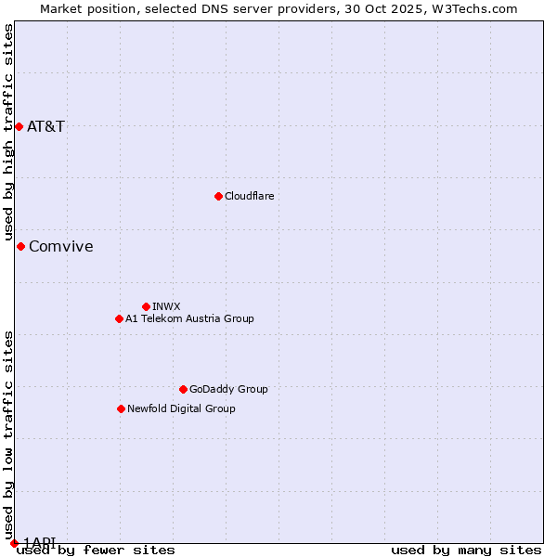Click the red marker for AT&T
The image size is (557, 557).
click(19, 126)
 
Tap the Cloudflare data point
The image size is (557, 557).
click(218, 196)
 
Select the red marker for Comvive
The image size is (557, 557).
click(20, 246)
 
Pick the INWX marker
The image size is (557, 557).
click(146, 306)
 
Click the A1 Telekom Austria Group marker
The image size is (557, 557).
click(119, 318)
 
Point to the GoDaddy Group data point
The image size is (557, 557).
click(183, 389)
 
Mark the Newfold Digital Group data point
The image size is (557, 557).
click(121, 408)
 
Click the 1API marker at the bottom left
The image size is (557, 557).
click(14, 542)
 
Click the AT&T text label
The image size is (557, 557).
click(45, 126)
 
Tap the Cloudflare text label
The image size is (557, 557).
click(249, 196)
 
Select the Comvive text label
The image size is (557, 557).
click(61, 246)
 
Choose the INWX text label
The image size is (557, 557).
click(166, 306)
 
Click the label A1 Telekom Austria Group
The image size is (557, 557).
click(189, 318)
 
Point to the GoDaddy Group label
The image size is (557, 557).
click(228, 389)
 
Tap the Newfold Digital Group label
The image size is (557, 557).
click(181, 408)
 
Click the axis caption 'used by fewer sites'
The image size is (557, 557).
click(96, 551)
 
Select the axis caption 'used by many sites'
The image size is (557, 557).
click(466, 551)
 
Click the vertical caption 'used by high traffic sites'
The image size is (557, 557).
click(8, 133)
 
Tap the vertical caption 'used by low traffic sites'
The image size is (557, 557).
click(8, 428)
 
